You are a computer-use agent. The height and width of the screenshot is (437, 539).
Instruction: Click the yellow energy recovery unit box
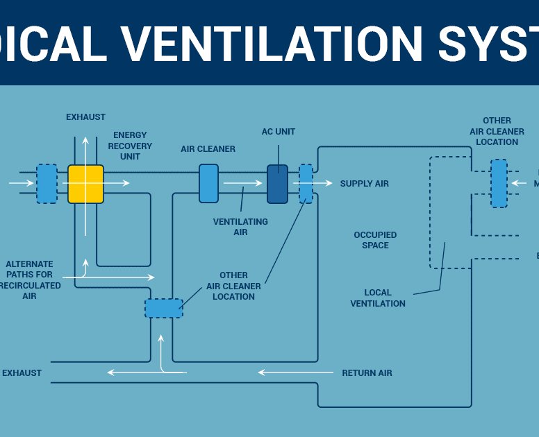click(x=85, y=184)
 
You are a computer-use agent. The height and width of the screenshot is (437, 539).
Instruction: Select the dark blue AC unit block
click(x=277, y=184)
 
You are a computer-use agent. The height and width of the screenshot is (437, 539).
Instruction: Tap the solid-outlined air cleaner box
click(x=208, y=183)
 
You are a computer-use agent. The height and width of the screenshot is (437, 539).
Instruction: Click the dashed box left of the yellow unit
click(x=47, y=183)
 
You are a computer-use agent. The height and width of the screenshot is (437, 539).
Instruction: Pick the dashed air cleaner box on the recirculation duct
click(x=164, y=308)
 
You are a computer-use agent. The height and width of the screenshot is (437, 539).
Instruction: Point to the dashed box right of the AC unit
click(x=306, y=183)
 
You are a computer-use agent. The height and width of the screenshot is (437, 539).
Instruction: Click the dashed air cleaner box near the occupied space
click(x=498, y=183)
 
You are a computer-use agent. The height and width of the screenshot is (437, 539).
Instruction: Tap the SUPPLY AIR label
click(x=364, y=184)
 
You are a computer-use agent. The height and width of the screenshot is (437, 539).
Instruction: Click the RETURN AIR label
click(x=367, y=373)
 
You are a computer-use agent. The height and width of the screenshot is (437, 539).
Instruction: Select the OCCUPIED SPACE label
click(x=375, y=240)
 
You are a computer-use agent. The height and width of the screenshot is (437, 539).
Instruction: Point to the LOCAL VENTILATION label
click(x=378, y=298)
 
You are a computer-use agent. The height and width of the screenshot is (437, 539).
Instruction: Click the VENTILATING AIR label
click(x=240, y=227)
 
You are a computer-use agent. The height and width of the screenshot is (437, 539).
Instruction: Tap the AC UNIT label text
click(x=279, y=132)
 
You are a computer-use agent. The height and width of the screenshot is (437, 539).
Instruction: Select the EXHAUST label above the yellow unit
click(x=85, y=117)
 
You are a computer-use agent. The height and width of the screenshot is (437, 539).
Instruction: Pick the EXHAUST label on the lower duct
click(x=22, y=373)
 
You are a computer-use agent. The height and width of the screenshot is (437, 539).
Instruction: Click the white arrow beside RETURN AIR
click(x=292, y=372)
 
